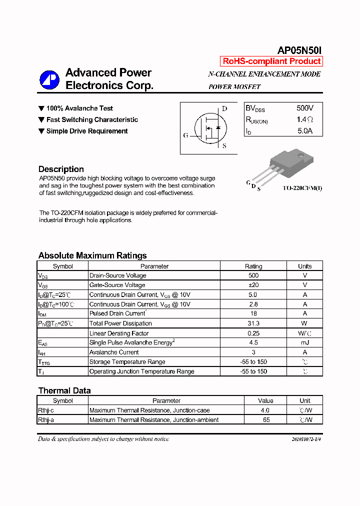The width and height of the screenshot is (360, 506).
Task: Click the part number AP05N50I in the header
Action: pos(299,50)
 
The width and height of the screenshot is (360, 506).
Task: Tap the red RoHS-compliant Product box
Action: pos(271,61)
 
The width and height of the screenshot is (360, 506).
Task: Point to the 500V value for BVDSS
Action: pos(304,108)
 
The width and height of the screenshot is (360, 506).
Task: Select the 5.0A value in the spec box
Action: pos(304,131)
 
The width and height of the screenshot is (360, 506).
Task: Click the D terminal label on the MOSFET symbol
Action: pos(224,108)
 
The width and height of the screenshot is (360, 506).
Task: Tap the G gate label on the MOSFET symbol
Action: pos(186,135)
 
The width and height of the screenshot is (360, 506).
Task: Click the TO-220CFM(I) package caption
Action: pos(302,188)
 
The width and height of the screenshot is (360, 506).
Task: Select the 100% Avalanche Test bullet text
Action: pos(79,108)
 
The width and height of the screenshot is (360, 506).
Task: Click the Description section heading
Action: pos(61,169)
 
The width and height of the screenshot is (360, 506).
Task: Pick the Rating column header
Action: pos(253,266)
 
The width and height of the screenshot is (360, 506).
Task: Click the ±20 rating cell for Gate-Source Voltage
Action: pos(253,285)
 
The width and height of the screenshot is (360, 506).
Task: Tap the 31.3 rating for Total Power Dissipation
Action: pos(253,323)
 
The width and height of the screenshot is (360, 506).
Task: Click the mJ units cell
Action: pos(304,342)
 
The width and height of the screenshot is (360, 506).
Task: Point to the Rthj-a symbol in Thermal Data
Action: pos(46,420)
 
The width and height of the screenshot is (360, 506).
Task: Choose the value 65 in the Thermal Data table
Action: pos(266,420)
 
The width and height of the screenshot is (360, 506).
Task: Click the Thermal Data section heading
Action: pos(64,390)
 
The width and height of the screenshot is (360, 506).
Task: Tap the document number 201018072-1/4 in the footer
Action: pos(306,439)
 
